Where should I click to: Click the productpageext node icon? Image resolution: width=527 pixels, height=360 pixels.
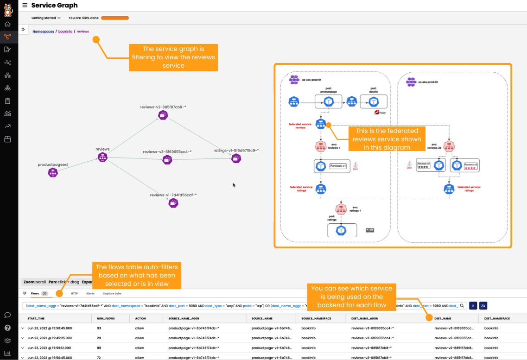(53, 173)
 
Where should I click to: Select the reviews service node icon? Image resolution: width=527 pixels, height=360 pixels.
(102, 158)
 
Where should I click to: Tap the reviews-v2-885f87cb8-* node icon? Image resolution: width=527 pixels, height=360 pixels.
(163, 115)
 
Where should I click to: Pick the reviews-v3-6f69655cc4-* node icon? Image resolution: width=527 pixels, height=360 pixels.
(167, 159)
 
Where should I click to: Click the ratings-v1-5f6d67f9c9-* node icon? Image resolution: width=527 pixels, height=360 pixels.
(236, 158)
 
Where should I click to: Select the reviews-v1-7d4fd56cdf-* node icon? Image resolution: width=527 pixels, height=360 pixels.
(173, 202)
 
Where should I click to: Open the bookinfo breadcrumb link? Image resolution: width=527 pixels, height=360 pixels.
(65, 32)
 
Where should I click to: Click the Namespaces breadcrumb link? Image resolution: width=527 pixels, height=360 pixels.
(43, 32)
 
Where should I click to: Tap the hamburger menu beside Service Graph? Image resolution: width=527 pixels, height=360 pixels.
(25, 5)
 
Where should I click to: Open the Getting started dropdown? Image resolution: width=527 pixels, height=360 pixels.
(46, 18)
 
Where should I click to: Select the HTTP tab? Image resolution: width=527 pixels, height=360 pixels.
(74, 293)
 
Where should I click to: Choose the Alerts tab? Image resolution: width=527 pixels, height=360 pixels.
(90, 293)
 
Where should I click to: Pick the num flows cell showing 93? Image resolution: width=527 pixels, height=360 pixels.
(99, 328)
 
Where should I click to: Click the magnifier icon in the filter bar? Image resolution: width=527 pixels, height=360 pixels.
(462, 306)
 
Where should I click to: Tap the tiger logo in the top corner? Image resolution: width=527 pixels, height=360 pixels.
(8, 8)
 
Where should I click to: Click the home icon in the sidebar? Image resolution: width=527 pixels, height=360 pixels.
(7, 24)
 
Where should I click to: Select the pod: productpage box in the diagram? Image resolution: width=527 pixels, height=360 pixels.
(328, 101)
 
